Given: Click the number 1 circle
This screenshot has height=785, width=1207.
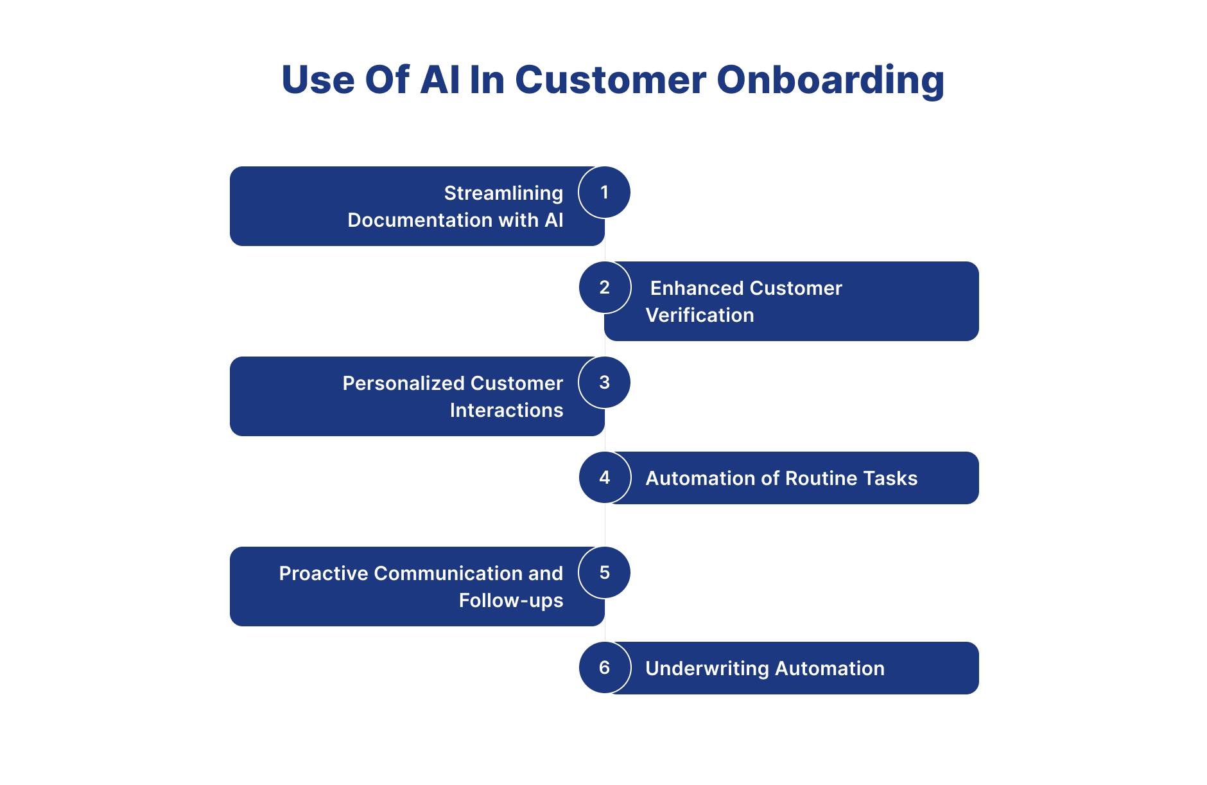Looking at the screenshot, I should [x=604, y=192].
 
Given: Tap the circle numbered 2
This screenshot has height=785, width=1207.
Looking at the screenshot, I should [x=604, y=287].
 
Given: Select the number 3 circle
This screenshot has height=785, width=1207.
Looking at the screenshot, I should [x=604, y=382].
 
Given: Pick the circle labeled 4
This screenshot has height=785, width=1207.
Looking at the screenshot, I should [x=604, y=477].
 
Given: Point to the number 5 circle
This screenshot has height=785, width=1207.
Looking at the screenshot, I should [x=604, y=572].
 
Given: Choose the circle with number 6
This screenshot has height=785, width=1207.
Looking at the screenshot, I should [x=604, y=667].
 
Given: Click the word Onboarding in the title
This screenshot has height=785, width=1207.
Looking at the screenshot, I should [x=829, y=80].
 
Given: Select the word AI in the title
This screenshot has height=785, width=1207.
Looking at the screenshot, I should [x=440, y=80].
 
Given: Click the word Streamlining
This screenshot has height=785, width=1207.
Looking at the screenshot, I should [x=503, y=193].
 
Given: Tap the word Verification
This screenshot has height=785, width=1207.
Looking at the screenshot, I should [x=699, y=315].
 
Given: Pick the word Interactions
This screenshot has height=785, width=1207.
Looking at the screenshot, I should [x=506, y=410].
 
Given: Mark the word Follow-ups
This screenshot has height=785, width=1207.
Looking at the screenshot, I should [x=510, y=600].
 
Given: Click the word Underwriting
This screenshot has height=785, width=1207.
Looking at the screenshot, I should [x=707, y=668].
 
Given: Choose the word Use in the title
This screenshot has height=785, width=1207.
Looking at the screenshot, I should [x=318, y=80].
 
